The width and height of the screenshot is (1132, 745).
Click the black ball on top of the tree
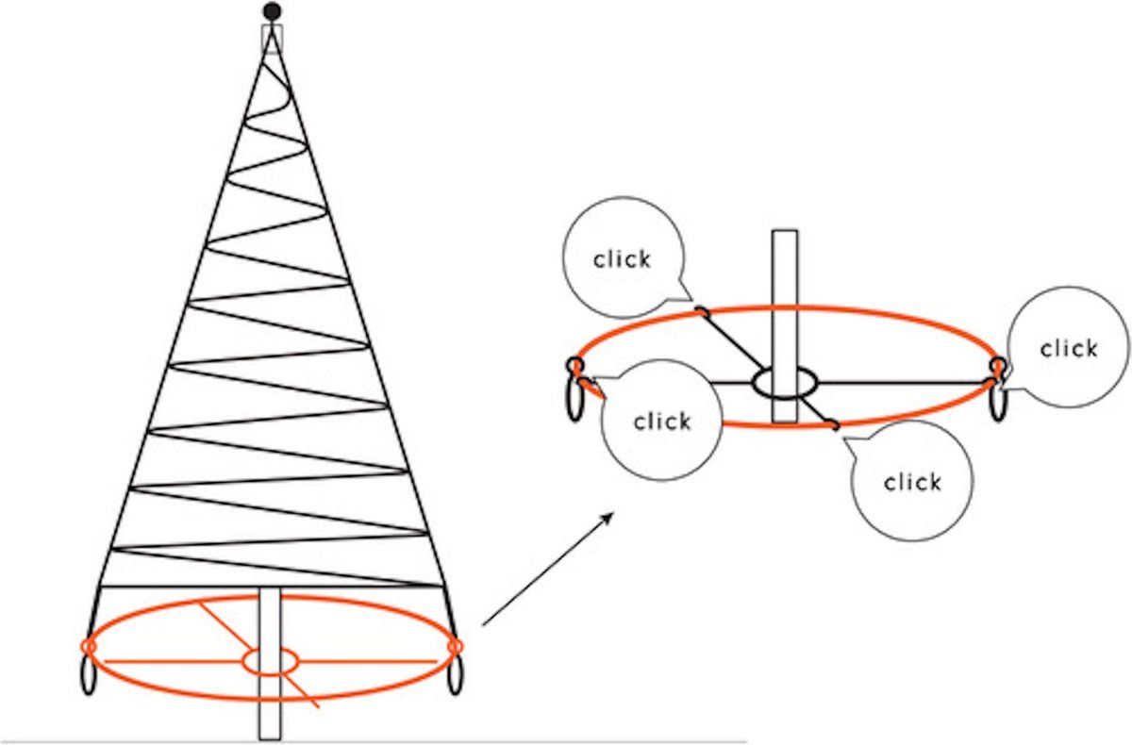point(272,11)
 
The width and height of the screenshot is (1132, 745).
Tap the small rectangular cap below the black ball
point(272,38)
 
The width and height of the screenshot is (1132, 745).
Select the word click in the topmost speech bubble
point(623,259)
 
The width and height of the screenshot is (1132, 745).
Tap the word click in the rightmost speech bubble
point(1069,348)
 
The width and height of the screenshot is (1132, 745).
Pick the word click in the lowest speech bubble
point(912,482)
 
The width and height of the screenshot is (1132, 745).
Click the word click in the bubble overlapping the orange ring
point(662,421)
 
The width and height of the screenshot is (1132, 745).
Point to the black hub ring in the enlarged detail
point(785,383)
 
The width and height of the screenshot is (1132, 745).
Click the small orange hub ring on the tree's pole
point(271,661)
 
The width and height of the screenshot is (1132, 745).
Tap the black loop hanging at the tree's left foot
point(91,676)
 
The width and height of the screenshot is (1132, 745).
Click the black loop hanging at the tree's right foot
point(455,676)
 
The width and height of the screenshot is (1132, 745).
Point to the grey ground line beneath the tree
point(566,742)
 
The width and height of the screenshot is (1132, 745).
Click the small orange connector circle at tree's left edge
point(89,646)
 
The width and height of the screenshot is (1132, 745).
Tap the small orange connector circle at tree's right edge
point(455,646)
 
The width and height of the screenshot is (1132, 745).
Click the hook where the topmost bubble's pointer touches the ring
point(701,310)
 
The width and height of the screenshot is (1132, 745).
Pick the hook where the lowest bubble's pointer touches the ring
point(834,427)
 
